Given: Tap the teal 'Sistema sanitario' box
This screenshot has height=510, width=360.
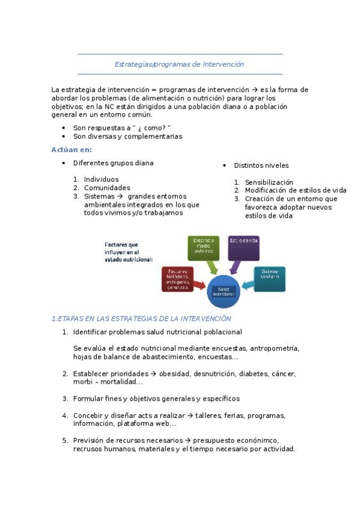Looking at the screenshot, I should click(268, 278).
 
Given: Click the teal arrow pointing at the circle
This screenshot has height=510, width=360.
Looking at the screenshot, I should click(246, 284).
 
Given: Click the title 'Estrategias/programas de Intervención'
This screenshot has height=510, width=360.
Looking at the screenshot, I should click(179, 64).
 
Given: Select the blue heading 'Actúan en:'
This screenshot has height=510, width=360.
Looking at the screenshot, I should click(72, 149).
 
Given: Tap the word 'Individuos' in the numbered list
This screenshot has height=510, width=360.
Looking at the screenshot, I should click(101, 179).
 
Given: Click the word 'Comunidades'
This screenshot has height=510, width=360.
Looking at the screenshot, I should click(107, 188).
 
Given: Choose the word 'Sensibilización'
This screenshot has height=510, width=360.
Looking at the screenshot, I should click(269, 182).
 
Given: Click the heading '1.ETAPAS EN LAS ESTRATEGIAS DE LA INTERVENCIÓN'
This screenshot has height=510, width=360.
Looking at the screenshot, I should click(141, 318).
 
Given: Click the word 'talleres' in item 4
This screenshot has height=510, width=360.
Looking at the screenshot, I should click(207, 416).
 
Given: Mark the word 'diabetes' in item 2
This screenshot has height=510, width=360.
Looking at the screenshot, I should click(254, 373).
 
